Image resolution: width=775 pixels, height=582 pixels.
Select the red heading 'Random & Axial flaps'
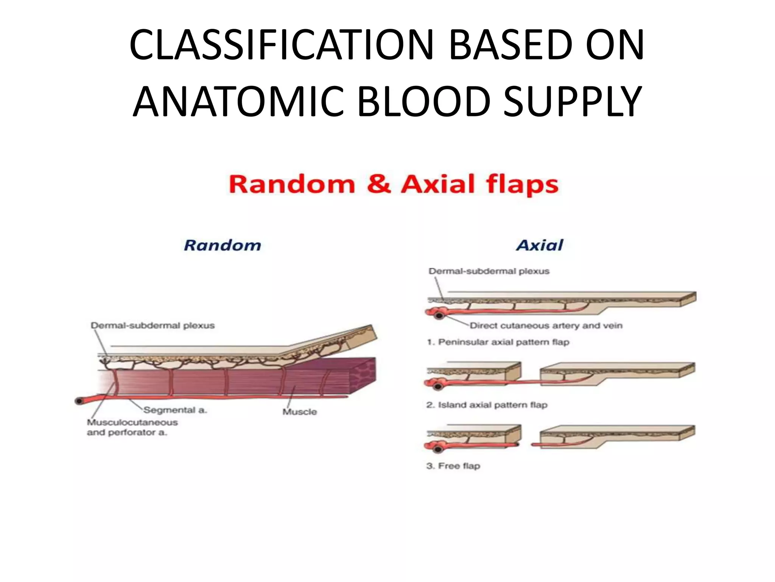pos(394,185)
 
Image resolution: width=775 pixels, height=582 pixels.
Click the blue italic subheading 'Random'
pos(223,246)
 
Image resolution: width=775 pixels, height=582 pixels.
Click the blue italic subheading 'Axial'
pos(540,246)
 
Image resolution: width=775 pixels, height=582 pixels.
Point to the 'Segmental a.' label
pos(175,410)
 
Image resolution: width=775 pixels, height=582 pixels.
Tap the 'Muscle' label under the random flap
pos(299,411)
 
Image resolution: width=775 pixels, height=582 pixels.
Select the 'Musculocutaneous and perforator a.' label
pos(132,427)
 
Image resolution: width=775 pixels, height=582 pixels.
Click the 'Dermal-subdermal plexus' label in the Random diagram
pos(153,325)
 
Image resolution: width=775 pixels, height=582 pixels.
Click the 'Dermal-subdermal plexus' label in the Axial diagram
pos(489,271)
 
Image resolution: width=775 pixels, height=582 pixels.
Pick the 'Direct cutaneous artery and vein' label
pos(546,325)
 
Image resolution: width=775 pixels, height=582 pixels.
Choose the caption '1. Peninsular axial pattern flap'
pos(498,342)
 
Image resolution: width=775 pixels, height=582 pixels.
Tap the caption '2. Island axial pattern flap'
pos(487,405)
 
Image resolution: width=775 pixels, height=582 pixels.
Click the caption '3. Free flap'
pos(453,466)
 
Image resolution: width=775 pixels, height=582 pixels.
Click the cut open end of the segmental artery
pos(79,401)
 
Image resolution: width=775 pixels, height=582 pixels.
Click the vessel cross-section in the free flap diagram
pos(439,449)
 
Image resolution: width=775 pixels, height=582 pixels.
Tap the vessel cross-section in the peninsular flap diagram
pos(439,315)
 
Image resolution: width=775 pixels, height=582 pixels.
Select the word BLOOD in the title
pos(424,102)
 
